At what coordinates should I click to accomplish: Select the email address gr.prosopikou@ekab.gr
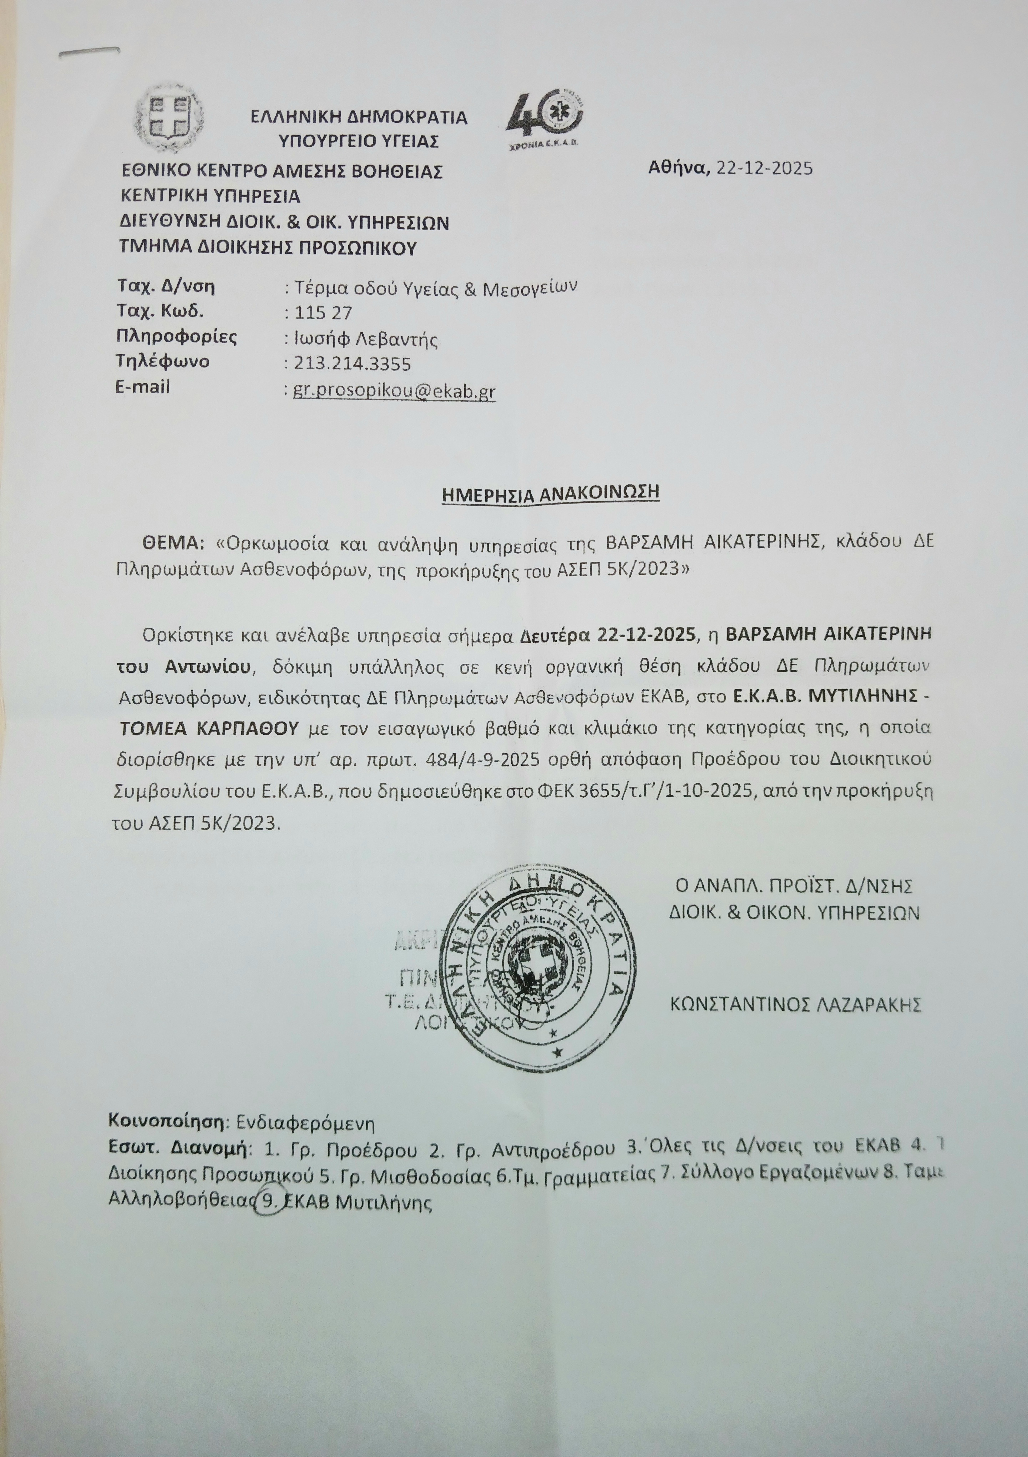click(x=394, y=391)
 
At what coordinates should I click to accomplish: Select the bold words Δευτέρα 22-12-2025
click(x=608, y=635)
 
